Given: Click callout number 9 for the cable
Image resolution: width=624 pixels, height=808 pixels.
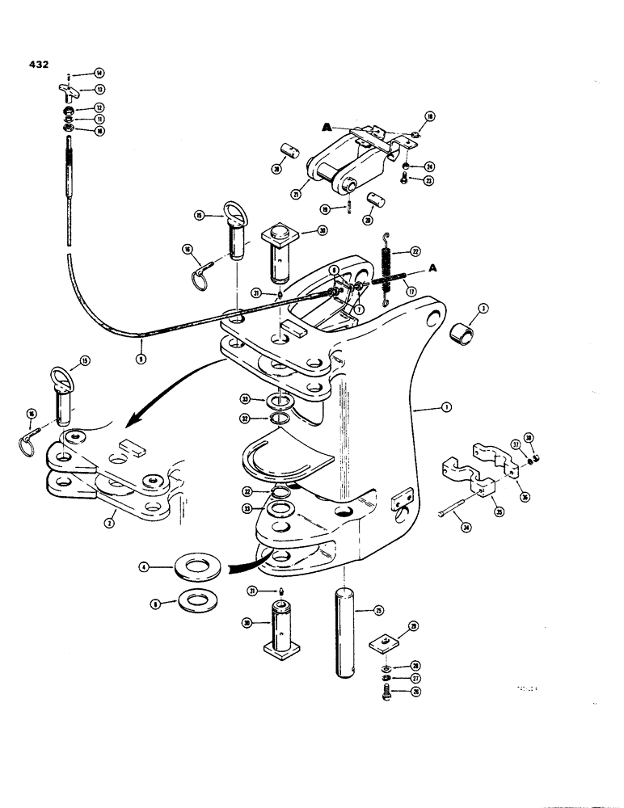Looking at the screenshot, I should pyautogui.click(x=140, y=357).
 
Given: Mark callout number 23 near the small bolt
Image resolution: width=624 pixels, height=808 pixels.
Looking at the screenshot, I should pyautogui.click(x=429, y=181).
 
